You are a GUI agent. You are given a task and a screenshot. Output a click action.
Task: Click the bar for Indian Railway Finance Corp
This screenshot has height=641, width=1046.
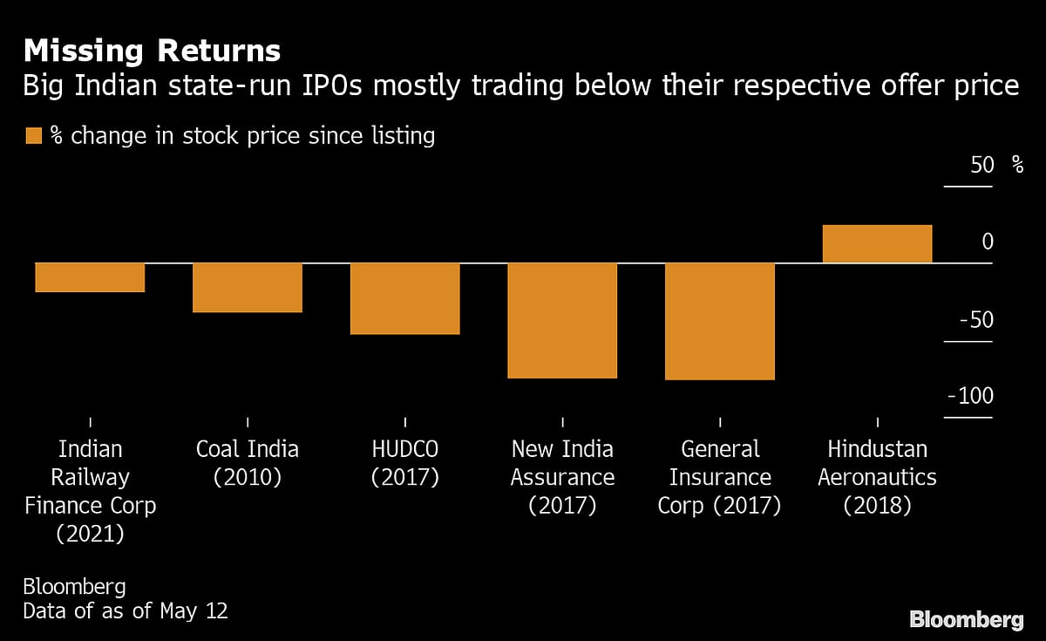(90, 277)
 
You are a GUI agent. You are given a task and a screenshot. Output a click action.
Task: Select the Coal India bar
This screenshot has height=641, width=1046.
(248, 287)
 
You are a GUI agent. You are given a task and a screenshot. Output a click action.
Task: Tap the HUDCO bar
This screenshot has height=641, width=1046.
(404, 298)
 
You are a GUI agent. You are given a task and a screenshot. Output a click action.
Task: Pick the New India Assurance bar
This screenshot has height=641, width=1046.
(562, 320)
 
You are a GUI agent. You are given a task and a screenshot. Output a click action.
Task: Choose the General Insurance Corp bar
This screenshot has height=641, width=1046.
(720, 321)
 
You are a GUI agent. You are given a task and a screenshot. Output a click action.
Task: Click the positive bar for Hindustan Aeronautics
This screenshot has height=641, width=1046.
(877, 243)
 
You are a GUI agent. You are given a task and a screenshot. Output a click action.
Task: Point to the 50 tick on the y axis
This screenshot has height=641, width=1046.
(981, 165)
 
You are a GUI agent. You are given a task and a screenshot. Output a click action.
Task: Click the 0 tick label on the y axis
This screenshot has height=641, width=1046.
(987, 242)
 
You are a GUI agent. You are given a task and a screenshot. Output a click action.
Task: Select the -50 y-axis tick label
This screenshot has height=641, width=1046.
(975, 319)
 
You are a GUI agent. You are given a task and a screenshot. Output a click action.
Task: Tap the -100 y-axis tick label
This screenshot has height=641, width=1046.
(969, 397)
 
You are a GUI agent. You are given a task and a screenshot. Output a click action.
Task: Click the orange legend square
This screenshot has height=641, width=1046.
(34, 136)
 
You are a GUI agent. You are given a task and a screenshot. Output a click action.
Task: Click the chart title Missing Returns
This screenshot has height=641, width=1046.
(152, 51)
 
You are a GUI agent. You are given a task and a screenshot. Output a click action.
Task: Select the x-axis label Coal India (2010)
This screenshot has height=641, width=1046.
(248, 463)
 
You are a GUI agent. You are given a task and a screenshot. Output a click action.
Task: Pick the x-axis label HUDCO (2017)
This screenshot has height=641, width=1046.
(404, 463)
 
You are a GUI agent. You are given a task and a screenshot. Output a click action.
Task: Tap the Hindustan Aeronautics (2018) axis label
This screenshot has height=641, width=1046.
(877, 477)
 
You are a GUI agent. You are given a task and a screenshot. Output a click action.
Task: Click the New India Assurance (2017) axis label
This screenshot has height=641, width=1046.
(562, 477)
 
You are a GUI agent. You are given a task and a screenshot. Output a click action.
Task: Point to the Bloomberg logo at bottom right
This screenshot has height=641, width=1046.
(966, 619)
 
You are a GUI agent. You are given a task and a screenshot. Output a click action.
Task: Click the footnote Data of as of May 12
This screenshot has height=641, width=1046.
(126, 610)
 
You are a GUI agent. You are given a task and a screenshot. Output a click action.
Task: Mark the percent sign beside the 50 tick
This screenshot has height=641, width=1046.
(1017, 165)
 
